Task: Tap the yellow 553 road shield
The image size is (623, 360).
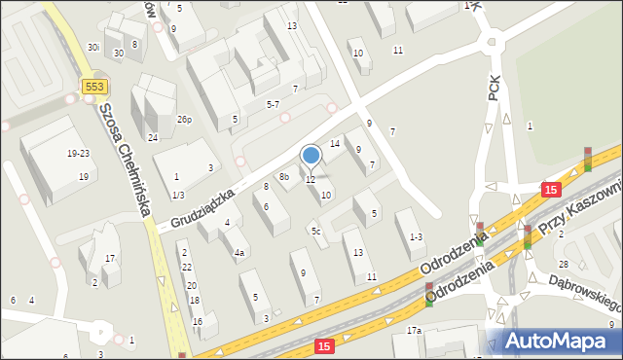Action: point(93,87)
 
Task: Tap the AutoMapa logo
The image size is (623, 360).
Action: point(554,341)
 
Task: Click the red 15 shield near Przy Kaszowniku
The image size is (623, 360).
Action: point(552,190)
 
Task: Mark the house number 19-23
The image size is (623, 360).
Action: point(79,154)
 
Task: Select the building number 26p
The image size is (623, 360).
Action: point(184,120)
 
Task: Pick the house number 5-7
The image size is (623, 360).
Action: point(274,103)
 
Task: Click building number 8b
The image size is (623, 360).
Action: point(284,177)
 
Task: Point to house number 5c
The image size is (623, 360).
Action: point(315,232)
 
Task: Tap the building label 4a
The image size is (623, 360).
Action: point(238,253)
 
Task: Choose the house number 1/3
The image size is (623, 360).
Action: point(178,196)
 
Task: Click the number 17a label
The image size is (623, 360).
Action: point(414,331)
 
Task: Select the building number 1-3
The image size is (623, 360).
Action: point(417,236)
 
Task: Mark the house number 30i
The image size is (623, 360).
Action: point(93,47)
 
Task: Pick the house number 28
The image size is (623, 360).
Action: point(563,265)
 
